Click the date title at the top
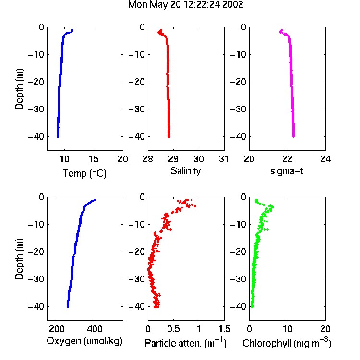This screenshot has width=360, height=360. pos(185,5)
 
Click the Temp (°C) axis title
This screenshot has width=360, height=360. pos(84,173)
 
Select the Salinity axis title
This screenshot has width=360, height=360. pos(185,171)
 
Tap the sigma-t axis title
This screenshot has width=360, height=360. pos(287,171)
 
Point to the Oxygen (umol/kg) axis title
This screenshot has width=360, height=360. pos(84,341)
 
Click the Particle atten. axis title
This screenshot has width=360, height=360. pos(186,343)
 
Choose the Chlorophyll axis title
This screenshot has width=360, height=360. pos(287,343)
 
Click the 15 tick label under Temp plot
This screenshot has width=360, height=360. pos(94,159)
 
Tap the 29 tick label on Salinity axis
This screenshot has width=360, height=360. pos(173,159)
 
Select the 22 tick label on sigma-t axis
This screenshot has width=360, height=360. pos(287,159)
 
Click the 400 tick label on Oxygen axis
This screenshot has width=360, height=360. pos(95,329)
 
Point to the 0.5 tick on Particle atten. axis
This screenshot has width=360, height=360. pos(173,329)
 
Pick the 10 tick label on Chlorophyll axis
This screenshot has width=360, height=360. pos(288,329)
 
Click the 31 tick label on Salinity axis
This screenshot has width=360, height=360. pos(224,159)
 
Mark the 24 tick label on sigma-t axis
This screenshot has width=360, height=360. pos(325,159)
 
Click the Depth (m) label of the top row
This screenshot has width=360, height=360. pos(19,89)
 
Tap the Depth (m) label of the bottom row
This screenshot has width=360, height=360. pos(19,259)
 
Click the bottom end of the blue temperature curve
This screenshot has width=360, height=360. pos(58,137)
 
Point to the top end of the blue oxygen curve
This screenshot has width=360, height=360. pos(95,200)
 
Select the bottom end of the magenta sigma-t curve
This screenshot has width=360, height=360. pos(293,137)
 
